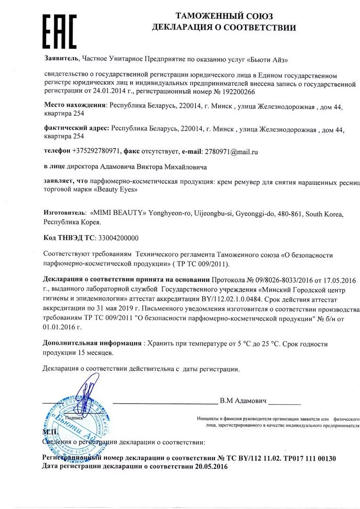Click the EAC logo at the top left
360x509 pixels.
pos(59,29)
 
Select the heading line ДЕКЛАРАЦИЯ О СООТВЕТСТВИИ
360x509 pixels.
pos(224,27)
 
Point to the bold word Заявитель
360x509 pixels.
pos(61,59)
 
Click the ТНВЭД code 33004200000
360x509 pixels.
pos(118,238)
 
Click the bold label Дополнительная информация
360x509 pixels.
pos(92,344)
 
